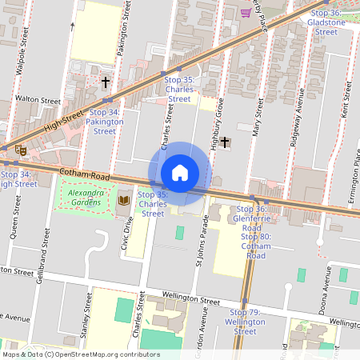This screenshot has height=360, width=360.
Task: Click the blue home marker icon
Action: pos(179,173)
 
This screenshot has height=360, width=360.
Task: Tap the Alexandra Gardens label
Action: pos(85,198)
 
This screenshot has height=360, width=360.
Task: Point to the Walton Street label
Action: pos(38,102)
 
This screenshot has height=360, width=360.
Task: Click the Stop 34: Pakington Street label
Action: pos(104,122)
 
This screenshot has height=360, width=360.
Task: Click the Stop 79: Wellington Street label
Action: pos(246,321)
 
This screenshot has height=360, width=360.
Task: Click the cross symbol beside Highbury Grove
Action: pos(225,142)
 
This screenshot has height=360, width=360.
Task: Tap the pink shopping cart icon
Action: pos(246,12)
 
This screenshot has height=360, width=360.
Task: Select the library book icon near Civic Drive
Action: pos(123,198)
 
